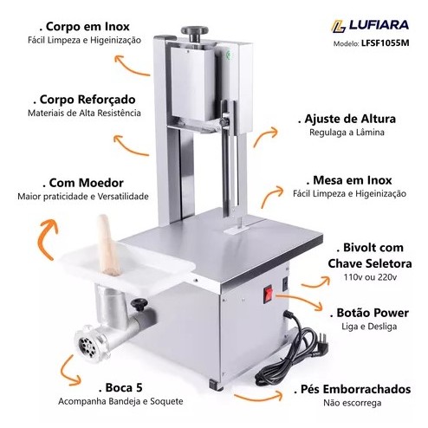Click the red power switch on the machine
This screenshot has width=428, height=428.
(268, 294)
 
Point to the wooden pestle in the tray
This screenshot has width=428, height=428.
(107, 245)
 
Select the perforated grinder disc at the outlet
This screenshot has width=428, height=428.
(88, 344)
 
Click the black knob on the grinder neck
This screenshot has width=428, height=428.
(139, 304)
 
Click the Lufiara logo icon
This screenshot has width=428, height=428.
(339, 26)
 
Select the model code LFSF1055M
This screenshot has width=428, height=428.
(385, 43)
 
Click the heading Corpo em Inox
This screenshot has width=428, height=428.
(84, 27)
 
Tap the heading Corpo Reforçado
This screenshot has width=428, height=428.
(84, 100)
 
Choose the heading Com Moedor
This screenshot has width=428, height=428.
(83, 183)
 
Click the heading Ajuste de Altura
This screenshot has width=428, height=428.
(347, 119)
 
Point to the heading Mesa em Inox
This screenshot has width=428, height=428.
(349, 180)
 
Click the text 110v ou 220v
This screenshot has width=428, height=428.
(370, 277)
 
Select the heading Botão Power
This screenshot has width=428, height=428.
(369, 313)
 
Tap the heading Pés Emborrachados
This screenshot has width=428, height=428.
(353, 389)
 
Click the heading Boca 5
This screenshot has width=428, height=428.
(120, 387)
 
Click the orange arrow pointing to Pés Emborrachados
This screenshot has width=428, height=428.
(258, 398)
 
